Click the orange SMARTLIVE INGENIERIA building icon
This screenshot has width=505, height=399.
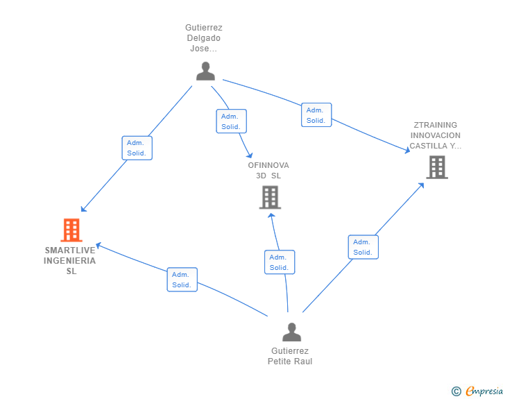point(71,230)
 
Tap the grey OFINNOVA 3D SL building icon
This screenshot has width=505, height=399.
point(271,197)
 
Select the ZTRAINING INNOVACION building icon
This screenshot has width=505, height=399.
point(437,167)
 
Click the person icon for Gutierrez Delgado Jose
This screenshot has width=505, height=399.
point(205,71)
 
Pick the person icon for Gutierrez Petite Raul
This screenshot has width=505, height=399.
point(291,332)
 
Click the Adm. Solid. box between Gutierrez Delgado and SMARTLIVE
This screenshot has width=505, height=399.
point(137,148)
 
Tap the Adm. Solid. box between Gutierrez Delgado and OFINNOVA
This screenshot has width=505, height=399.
point(231,121)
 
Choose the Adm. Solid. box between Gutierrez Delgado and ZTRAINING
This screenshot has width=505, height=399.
point(316,115)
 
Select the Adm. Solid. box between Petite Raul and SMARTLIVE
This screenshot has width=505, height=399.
point(182,280)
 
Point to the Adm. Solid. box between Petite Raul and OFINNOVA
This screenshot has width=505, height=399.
point(280,262)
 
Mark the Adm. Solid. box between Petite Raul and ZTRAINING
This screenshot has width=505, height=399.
point(363,247)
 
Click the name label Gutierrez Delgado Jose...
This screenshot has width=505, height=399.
point(203,38)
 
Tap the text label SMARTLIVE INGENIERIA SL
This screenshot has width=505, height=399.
point(70,260)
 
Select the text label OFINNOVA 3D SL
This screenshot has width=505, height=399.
point(268,171)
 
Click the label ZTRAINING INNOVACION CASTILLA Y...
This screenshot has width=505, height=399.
point(436,135)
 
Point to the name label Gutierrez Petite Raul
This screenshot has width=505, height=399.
point(290,356)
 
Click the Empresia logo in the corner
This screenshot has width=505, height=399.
point(484,391)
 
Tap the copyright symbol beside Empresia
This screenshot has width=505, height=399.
point(456,391)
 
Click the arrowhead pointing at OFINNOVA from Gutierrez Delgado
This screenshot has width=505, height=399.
point(250,155)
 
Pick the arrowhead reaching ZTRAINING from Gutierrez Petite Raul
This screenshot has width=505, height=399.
point(421,186)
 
